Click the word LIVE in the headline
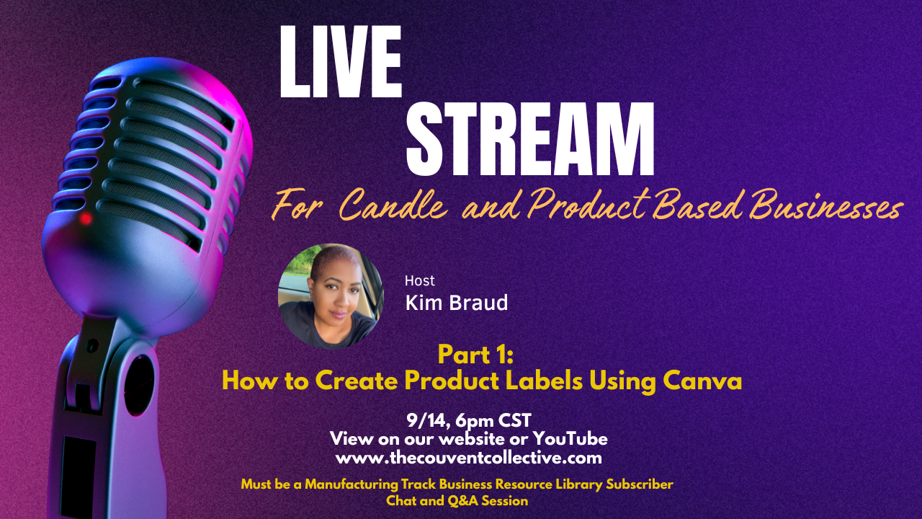tap(341, 62)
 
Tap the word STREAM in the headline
tap(530, 139)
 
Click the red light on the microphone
tap(86, 218)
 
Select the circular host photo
tap(331, 296)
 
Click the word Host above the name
tap(419, 281)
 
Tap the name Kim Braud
tap(457, 303)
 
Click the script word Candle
tap(393, 205)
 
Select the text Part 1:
tap(476, 355)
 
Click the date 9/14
tap(428, 420)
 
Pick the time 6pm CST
tap(493, 420)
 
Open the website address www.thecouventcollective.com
tap(469, 458)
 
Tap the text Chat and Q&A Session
tap(457, 501)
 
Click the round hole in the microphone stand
tap(138, 385)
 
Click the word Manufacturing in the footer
tap(351, 484)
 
